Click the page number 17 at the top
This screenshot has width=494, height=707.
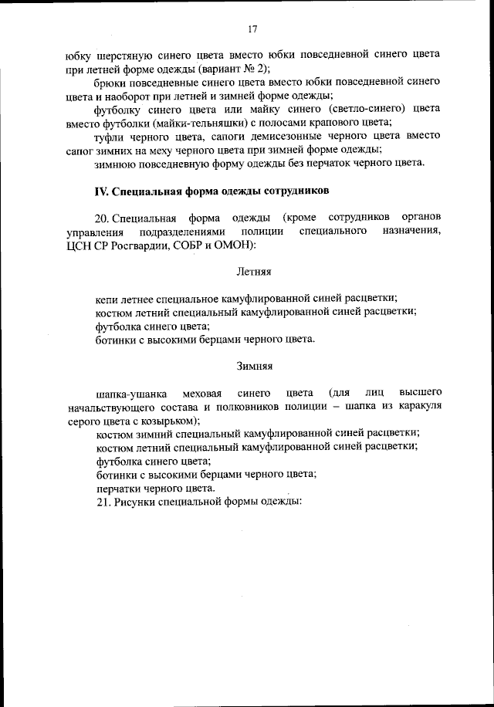click(x=252, y=29)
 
